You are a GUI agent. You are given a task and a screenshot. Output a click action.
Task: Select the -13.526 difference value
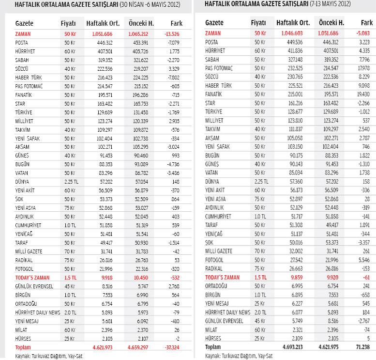[172, 34]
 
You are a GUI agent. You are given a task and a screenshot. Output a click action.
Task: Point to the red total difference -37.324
[172, 347]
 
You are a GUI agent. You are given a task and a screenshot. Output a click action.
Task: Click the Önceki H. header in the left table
[141, 23]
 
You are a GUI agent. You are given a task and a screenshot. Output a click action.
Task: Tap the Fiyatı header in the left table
[68, 23]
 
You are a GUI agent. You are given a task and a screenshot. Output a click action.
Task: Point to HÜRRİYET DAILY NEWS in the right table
[227, 313]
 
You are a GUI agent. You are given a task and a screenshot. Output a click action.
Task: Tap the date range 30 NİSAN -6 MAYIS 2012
[146, 5]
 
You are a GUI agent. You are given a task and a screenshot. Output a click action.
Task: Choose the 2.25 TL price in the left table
[68, 182]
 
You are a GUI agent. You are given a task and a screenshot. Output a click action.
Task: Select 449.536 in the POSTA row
[293, 42]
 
